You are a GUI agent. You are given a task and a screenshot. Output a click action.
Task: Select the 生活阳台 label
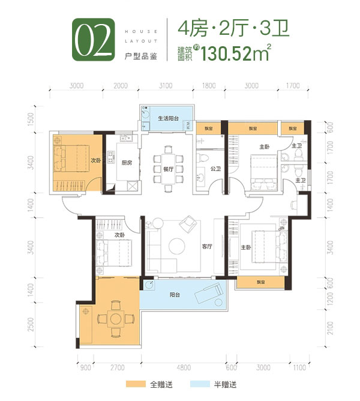pyautogui.click(x=169, y=119)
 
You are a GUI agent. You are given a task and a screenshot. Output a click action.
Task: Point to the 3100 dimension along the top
pyautogui.click(x=166, y=86)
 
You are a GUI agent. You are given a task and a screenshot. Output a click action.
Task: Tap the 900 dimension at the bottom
pyautogui.click(x=85, y=367)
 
